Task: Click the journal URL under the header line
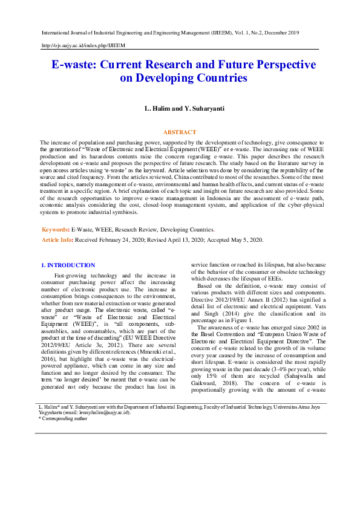[83, 45]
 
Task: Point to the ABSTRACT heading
[180, 132]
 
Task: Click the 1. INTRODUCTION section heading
[68, 265]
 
